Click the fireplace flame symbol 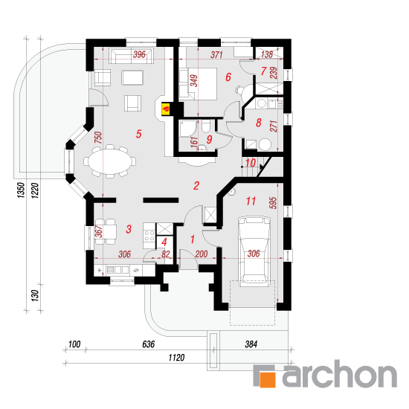pyautogui.click(x=166, y=109)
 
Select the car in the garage pyautogui.click(x=254, y=251)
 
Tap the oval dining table pyautogui.click(x=109, y=161)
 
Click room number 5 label pyautogui.click(x=139, y=134)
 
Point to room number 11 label pyautogui.click(x=251, y=201)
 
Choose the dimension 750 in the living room pyautogui.click(x=98, y=138)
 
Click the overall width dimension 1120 pyautogui.click(x=176, y=358)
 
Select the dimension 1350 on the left pyautogui.click(x=21, y=190)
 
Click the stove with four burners pyautogui.click(x=149, y=236)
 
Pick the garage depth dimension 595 pyautogui.click(x=272, y=203)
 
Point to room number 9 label pyautogui.click(x=209, y=140)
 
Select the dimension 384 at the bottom pyautogui.click(x=251, y=344)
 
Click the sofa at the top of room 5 pyautogui.click(x=131, y=55)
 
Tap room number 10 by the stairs pyautogui.click(x=251, y=163)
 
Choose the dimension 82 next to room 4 pyautogui.click(x=166, y=254)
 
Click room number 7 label pyautogui.click(x=263, y=71)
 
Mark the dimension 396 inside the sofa pyautogui.click(x=139, y=54)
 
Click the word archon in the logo pyautogui.click(x=340, y=373)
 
